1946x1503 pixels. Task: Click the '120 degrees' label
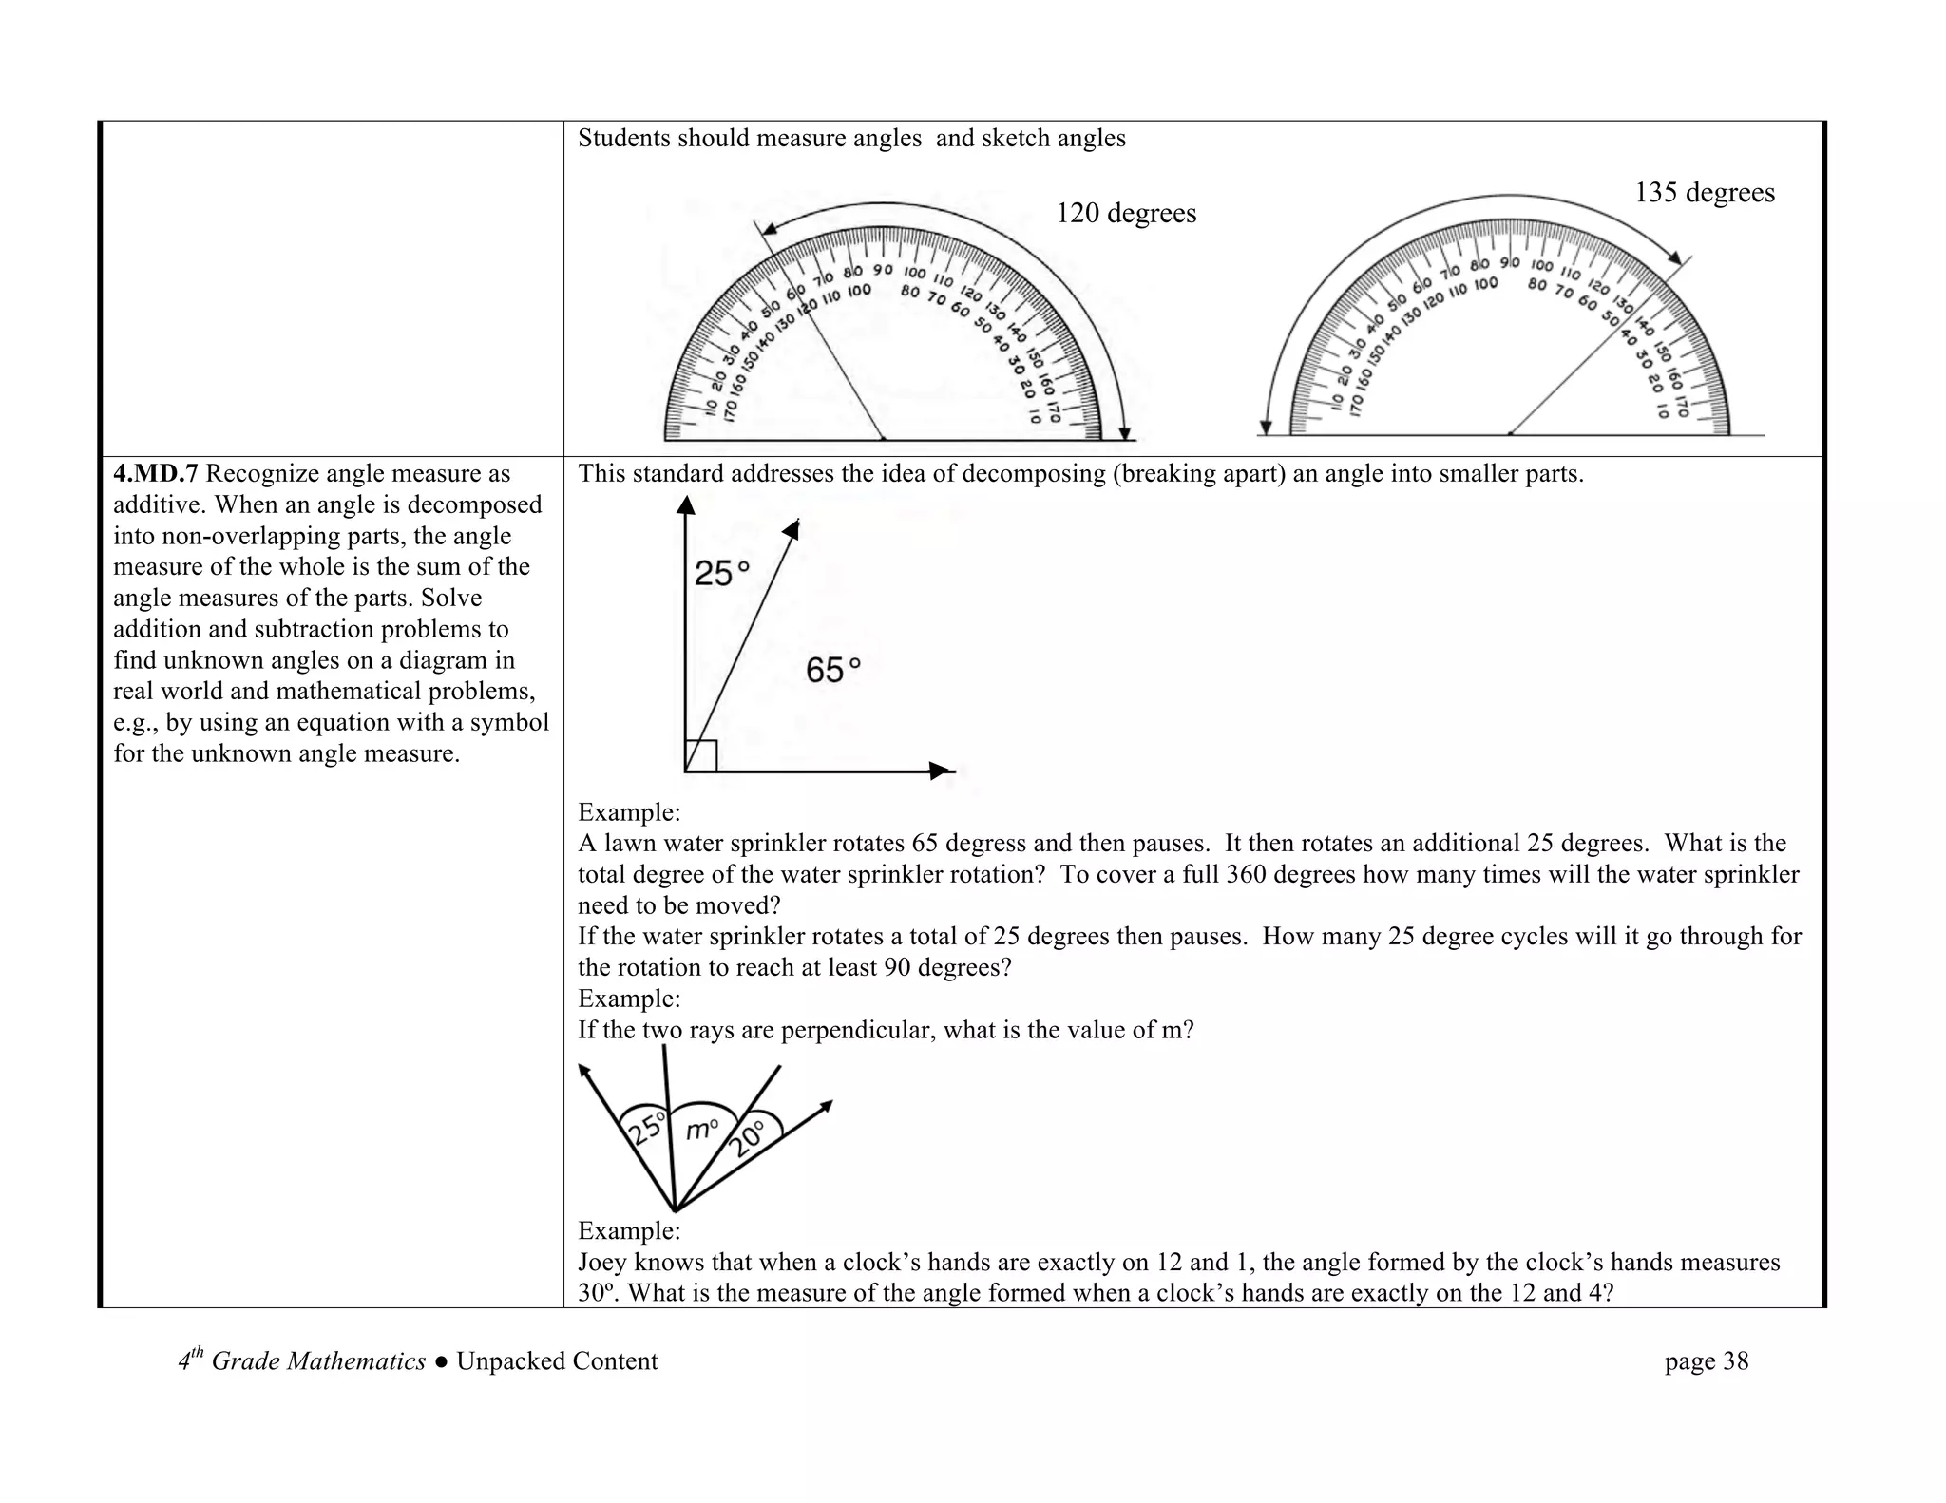coord(1126,213)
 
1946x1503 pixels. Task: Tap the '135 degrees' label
coord(1704,193)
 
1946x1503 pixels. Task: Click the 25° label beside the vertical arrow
coord(721,573)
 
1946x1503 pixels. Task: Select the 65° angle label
coord(832,671)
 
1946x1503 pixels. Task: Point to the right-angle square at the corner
coord(700,756)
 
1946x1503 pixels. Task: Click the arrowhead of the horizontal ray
coord(940,771)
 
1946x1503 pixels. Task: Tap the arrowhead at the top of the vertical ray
coord(685,505)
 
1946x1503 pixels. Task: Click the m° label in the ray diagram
coord(702,1129)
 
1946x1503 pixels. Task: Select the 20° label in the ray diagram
coord(748,1138)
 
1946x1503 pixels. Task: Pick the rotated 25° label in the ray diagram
coord(646,1129)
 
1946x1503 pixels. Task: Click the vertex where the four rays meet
coord(675,1209)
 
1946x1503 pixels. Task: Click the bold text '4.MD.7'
coord(155,474)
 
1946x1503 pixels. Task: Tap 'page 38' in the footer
coord(1706,1361)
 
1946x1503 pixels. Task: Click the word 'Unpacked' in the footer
coord(507,1361)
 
